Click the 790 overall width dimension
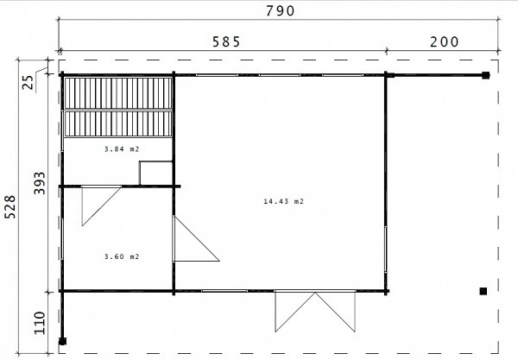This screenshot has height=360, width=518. [x=280, y=11]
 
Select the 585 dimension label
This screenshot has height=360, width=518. [x=226, y=42]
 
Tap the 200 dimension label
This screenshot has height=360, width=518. [x=445, y=42]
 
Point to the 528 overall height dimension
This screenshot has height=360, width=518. [x=10, y=206]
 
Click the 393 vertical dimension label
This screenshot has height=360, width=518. [x=40, y=183]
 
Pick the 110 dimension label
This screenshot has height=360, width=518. [x=40, y=323]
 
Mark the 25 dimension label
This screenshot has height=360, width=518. [x=28, y=83]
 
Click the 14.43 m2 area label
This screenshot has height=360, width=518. [x=283, y=201]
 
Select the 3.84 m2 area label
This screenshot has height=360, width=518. [x=122, y=149]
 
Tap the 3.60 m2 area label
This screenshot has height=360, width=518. [x=122, y=256]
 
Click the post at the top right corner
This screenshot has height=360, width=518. [x=485, y=75]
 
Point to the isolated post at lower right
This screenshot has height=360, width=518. [x=483, y=291]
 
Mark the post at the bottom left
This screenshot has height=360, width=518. [x=62, y=341]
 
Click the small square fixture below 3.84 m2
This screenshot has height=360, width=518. [x=156, y=173]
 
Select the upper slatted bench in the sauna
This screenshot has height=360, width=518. [x=118, y=93]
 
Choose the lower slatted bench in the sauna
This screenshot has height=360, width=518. [x=118, y=123]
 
